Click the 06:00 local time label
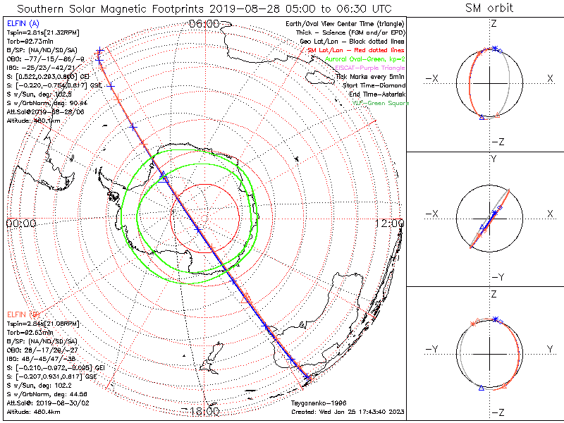tap(204, 24)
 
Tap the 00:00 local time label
tap(20, 223)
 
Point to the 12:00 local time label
tap(390, 223)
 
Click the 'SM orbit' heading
tap(489, 8)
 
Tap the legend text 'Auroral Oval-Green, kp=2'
tap(364, 59)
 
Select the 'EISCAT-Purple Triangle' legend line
tap(370, 67)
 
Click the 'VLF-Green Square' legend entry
tap(380, 103)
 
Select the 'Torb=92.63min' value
tap(30, 330)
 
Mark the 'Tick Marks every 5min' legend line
tap(371, 76)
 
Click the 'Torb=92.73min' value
tap(30, 41)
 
